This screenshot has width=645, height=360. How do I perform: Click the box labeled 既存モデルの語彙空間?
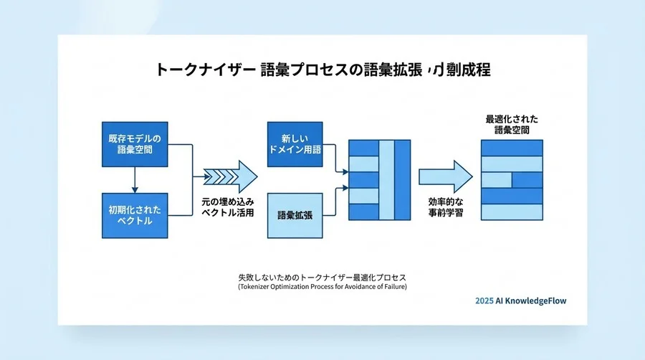[x=135, y=143]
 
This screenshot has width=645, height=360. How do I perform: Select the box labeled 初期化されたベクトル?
[x=135, y=215]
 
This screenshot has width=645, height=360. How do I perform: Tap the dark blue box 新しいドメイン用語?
[x=296, y=144]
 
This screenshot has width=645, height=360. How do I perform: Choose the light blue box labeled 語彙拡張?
[x=296, y=215]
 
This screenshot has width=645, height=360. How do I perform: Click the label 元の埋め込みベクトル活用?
[x=228, y=207]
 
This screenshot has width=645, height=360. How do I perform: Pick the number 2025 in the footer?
[x=484, y=301]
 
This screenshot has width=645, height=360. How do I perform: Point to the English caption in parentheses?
[x=322, y=288]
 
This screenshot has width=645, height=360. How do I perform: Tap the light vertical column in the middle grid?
[x=386, y=180]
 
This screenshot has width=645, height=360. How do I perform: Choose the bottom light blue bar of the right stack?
[x=512, y=212]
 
